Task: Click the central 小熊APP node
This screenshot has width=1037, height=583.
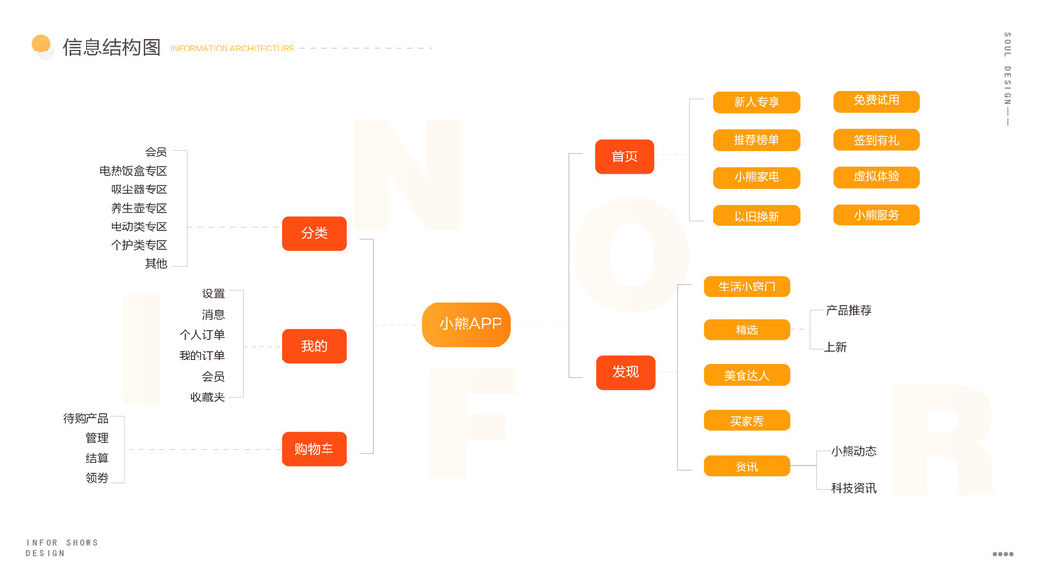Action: [467, 325]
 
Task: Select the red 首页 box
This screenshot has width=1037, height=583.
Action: [624, 156]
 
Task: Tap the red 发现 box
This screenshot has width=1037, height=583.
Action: [625, 372]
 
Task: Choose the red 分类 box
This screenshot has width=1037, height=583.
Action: [314, 233]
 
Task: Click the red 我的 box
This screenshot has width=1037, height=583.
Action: [314, 346]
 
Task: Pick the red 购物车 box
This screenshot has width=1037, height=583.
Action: [314, 449]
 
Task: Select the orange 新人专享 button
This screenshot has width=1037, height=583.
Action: [756, 102]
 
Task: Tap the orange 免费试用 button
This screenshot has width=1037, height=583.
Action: [876, 101]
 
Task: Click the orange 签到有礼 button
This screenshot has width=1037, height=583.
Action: [876, 140]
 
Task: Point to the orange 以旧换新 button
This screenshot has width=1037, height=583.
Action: [756, 216]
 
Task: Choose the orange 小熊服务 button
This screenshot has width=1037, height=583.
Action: [876, 215]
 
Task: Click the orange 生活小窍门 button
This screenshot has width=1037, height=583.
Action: [746, 287]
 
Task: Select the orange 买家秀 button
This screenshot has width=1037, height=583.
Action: [746, 421]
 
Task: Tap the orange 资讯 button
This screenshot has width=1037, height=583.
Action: [746, 466]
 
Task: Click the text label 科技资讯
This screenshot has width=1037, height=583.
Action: [853, 488]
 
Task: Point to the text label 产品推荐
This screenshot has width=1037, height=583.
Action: [848, 311]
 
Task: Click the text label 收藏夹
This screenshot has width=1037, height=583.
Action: [207, 397]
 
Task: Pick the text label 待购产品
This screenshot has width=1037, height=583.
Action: [86, 419]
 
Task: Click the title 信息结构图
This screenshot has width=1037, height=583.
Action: [112, 48]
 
